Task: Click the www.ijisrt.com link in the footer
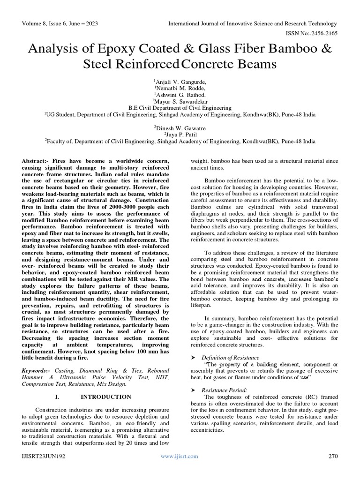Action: click(x=180, y=456)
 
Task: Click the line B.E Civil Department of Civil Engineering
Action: click(x=180, y=107)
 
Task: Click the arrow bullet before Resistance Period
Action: click(x=194, y=390)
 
